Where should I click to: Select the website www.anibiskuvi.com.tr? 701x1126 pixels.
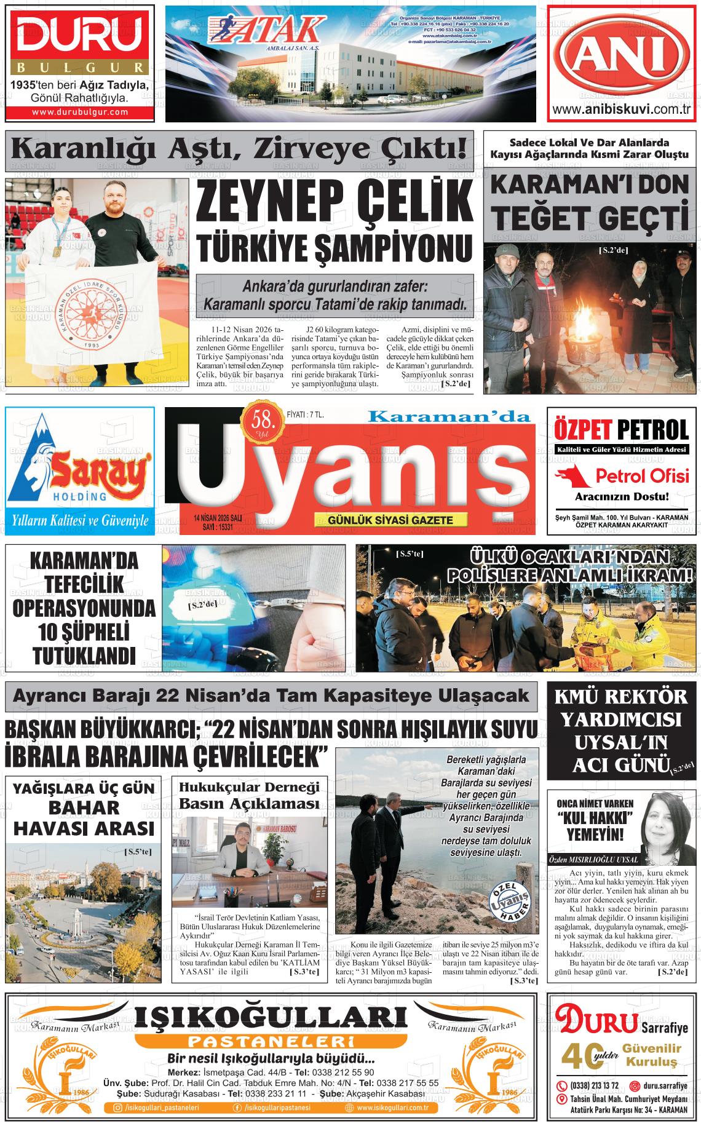(623, 110)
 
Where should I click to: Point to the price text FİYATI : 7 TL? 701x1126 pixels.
(305, 416)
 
